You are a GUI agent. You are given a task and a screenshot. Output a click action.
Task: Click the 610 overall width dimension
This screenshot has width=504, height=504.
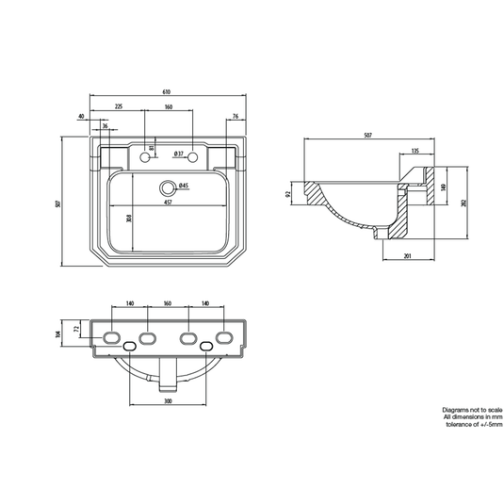pos(166,92)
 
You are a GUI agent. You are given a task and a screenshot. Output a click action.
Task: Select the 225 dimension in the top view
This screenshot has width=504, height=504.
pos(118,107)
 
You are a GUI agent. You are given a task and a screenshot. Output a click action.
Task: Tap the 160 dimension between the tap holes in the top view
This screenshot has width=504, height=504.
pos(169,107)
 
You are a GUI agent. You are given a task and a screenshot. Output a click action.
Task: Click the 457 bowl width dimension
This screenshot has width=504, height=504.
pos(166,203)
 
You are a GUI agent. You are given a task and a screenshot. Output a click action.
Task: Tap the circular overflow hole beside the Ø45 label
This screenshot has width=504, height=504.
pos(169,187)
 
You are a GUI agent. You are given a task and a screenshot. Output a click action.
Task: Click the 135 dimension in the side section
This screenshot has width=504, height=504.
pos(415,151)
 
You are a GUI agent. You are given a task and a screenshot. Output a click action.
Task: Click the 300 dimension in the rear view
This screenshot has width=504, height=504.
pos(166,403)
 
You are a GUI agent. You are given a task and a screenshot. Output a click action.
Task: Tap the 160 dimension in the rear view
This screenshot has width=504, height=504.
pos(166,303)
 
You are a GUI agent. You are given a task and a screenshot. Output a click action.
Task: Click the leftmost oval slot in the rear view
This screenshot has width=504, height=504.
pos(110,337)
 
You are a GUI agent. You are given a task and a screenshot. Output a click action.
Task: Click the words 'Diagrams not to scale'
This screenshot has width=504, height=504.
pos(472,410)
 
